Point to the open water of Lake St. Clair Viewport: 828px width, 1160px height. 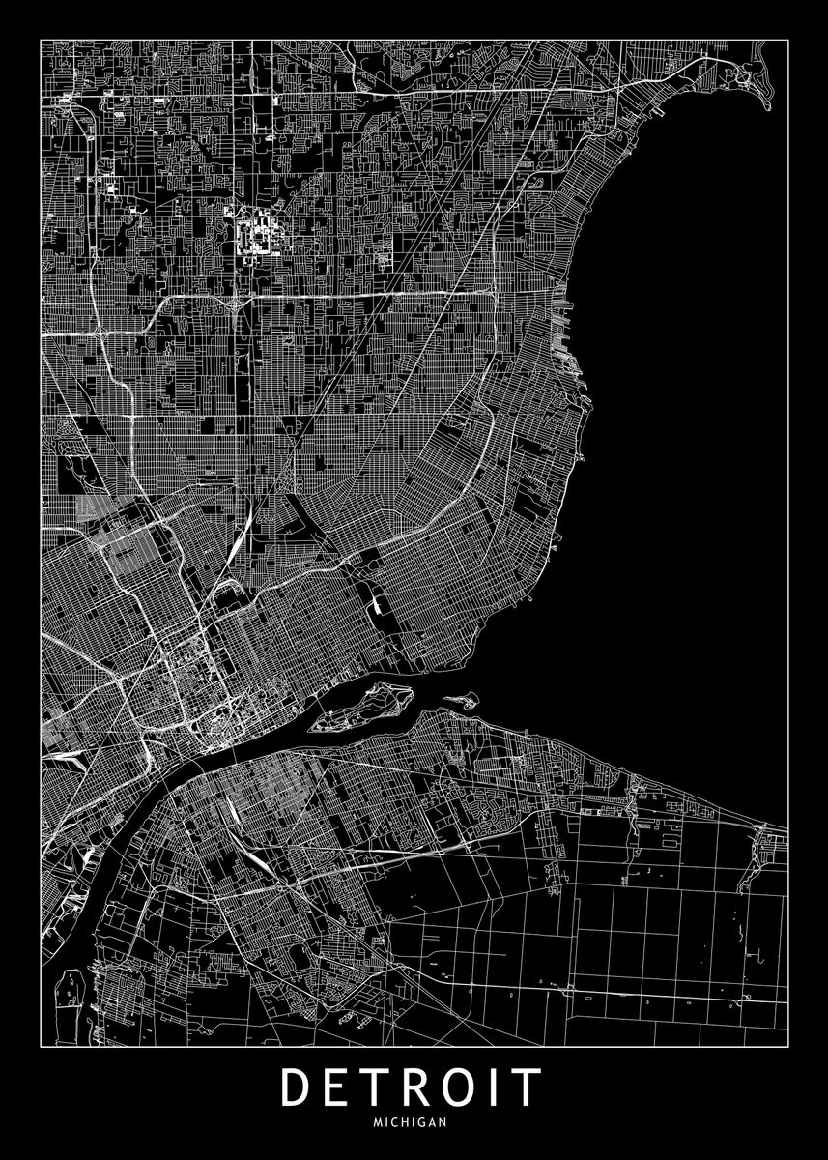(696, 387)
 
